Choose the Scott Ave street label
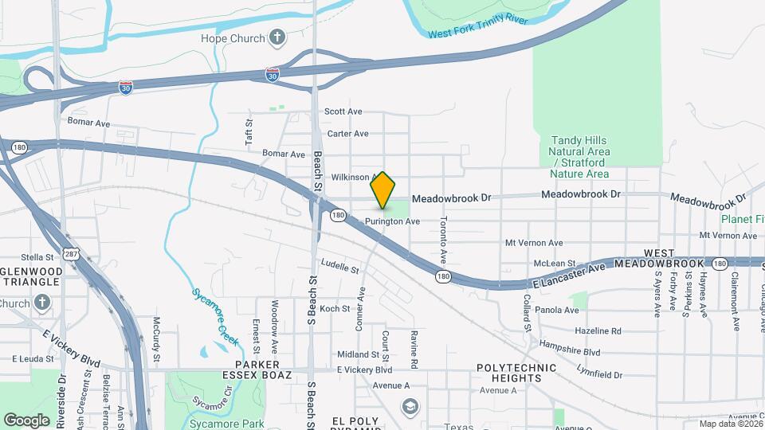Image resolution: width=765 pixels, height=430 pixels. click(x=343, y=112)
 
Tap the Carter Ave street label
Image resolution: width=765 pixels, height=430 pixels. click(x=347, y=134)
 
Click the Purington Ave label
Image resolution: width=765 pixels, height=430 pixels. click(x=392, y=221)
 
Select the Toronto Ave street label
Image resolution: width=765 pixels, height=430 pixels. click(x=444, y=240)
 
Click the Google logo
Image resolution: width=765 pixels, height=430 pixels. click(x=26, y=420)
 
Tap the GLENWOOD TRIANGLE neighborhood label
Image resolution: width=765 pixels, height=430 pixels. click(x=29, y=276)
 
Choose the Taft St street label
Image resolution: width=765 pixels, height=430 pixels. click(x=249, y=131)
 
